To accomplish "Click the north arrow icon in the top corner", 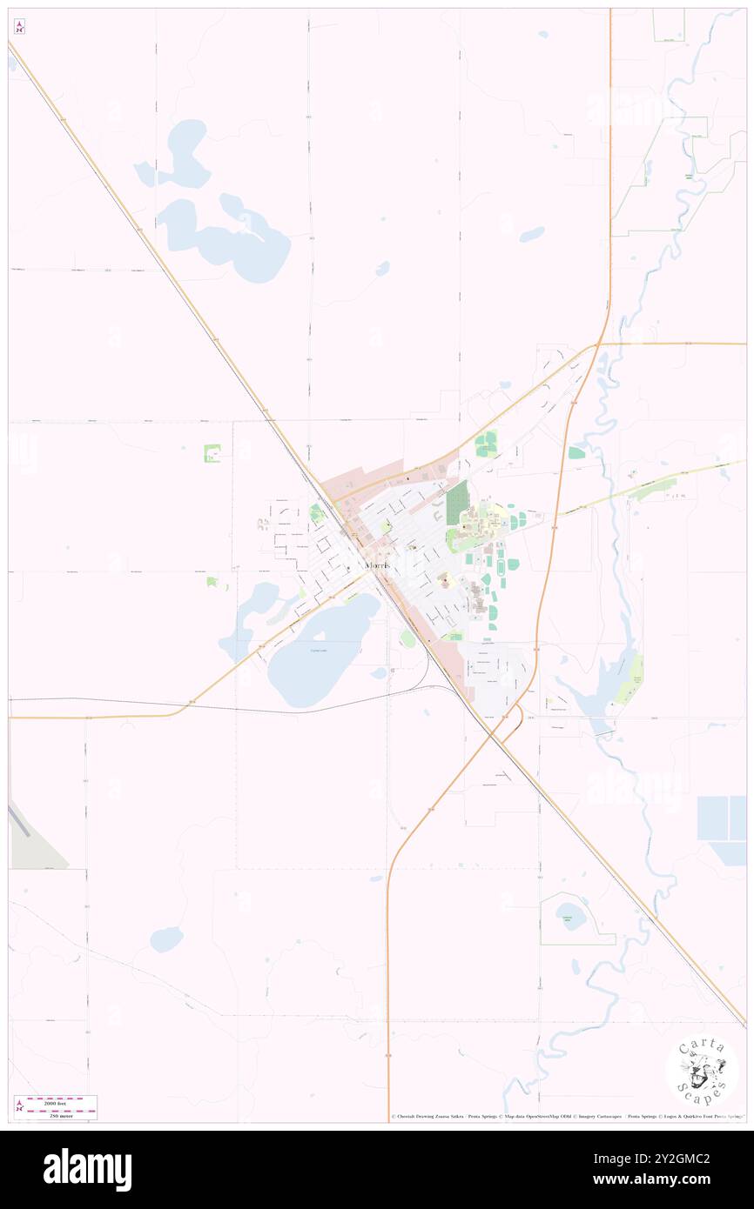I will (x=19, y=27).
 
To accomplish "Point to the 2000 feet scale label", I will (x=60, y=1099).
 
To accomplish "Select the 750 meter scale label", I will (x=60, y=1114).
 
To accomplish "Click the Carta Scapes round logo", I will (x=702, y=1069).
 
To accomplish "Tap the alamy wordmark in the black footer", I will (x=87, y=1170).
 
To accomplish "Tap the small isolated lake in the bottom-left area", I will (x=166, y=938).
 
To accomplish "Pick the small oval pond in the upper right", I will (x=531, y=234).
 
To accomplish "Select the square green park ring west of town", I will (x=212, y=453).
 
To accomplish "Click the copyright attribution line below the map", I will (x=566, y=1118).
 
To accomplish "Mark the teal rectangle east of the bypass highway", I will (x=576, y=452).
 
